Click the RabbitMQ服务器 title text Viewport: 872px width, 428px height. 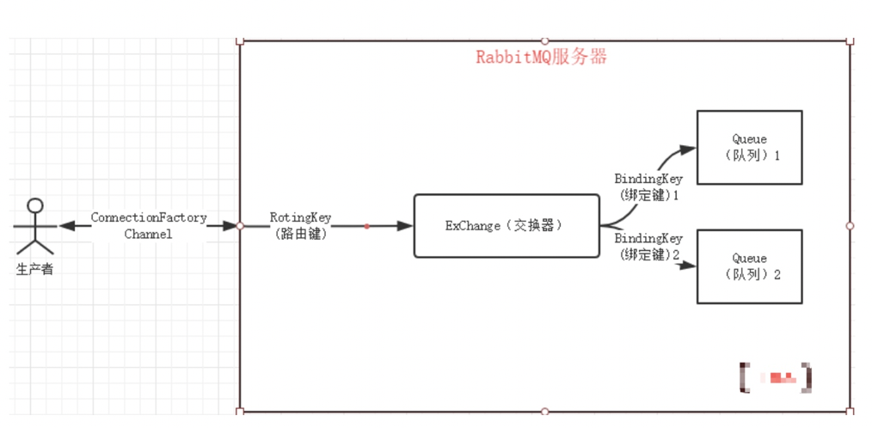[542, 58]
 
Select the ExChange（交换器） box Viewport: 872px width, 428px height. [506, 225]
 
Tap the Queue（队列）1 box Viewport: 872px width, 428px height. [749, 147]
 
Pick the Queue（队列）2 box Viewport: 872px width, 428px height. [749, 266]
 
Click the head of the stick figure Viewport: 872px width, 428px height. [34, 205]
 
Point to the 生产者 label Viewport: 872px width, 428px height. [34, 269]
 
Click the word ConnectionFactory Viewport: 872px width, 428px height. [149, 217]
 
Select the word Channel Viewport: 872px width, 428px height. [148, 233]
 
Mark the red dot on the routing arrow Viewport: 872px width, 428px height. [366, 226]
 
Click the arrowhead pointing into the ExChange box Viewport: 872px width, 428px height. [406, 226]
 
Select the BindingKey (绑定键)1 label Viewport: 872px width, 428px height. [648, 186]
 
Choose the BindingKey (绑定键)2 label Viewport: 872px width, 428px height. [648, 246]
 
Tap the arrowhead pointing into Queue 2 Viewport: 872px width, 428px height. [687, 266]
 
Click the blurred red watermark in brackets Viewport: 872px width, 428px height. [777, 376]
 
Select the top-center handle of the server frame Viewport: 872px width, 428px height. [544, 40]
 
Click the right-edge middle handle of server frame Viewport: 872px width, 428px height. [850, 225]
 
